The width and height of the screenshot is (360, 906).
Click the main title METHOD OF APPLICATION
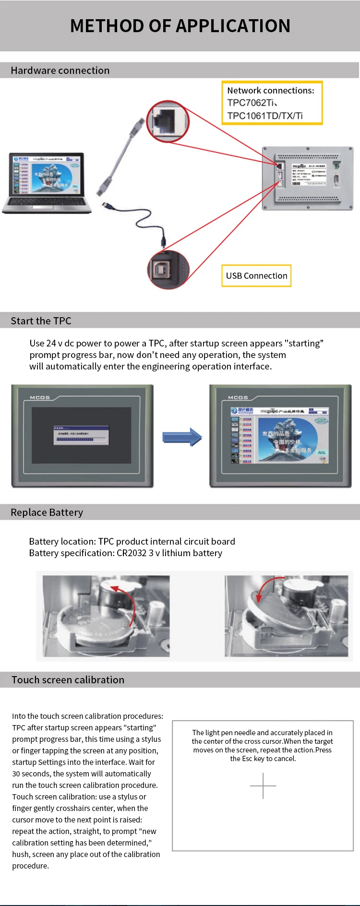point(180,26)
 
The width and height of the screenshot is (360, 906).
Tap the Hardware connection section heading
point(60,71)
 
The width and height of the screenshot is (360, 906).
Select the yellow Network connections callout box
point(272,103)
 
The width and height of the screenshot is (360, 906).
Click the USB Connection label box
point(256,276)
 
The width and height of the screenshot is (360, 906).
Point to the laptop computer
point(47,182)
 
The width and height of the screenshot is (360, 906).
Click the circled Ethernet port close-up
point(168,121)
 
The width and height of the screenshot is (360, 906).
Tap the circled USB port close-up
point(168,270)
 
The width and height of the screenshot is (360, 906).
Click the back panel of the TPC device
point(308,178)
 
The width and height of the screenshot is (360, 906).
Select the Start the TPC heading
point(41,321)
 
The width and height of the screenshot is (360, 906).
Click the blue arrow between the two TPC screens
point(182,437)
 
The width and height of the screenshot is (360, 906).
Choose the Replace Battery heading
point(47,513)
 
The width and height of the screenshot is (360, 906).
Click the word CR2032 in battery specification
point(131,553)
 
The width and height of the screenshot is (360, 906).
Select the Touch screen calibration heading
point(68,680)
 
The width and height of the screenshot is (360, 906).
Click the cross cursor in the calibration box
point(263,786)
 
